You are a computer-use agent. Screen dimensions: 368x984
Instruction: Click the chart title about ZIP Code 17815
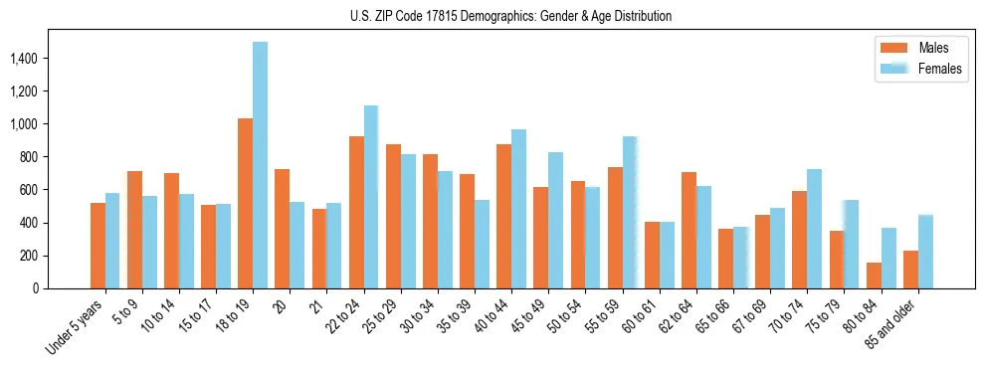coord(510,16)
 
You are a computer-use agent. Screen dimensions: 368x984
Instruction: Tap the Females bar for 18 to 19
coord(260,165)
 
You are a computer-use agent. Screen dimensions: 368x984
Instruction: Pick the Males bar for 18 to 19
coord(245,204)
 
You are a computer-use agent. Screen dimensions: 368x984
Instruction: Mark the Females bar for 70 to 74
coord(786,229)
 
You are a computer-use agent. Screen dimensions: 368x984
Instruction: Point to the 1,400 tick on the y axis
coord(23,59)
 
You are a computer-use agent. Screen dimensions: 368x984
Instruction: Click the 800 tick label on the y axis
coord(28,157)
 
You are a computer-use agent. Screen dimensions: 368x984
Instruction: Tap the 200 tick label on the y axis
coord(28,256)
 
